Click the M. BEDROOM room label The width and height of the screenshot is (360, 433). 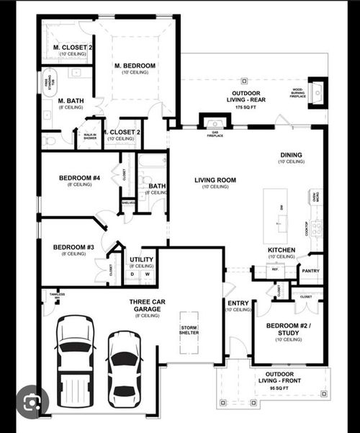point(135,66)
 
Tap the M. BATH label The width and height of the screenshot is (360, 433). point(70,100)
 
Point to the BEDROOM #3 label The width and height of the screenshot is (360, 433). point(74,247)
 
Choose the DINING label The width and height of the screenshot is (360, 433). point(292,155)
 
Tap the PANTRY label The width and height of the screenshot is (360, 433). point(311,271)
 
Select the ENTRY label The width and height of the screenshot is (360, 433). point(238,303)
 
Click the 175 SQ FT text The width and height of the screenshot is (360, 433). point(246,107)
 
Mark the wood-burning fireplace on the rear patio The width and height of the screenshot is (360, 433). point(317,92)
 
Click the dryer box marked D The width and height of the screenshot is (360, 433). point(133,274)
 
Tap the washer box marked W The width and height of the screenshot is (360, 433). point(147,274)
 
